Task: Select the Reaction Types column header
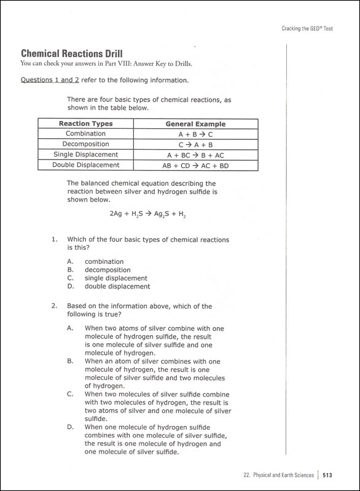click(85, 123)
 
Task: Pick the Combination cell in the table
click(85, 134)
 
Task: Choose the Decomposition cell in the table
click(85, 144)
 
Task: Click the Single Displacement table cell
click(85, 155)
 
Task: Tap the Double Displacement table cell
click(85, 165)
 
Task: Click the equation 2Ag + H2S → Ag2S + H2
click(147, 214)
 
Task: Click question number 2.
click(54, 306)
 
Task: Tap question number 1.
click(54, 239)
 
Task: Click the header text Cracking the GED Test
click(307, 28)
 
